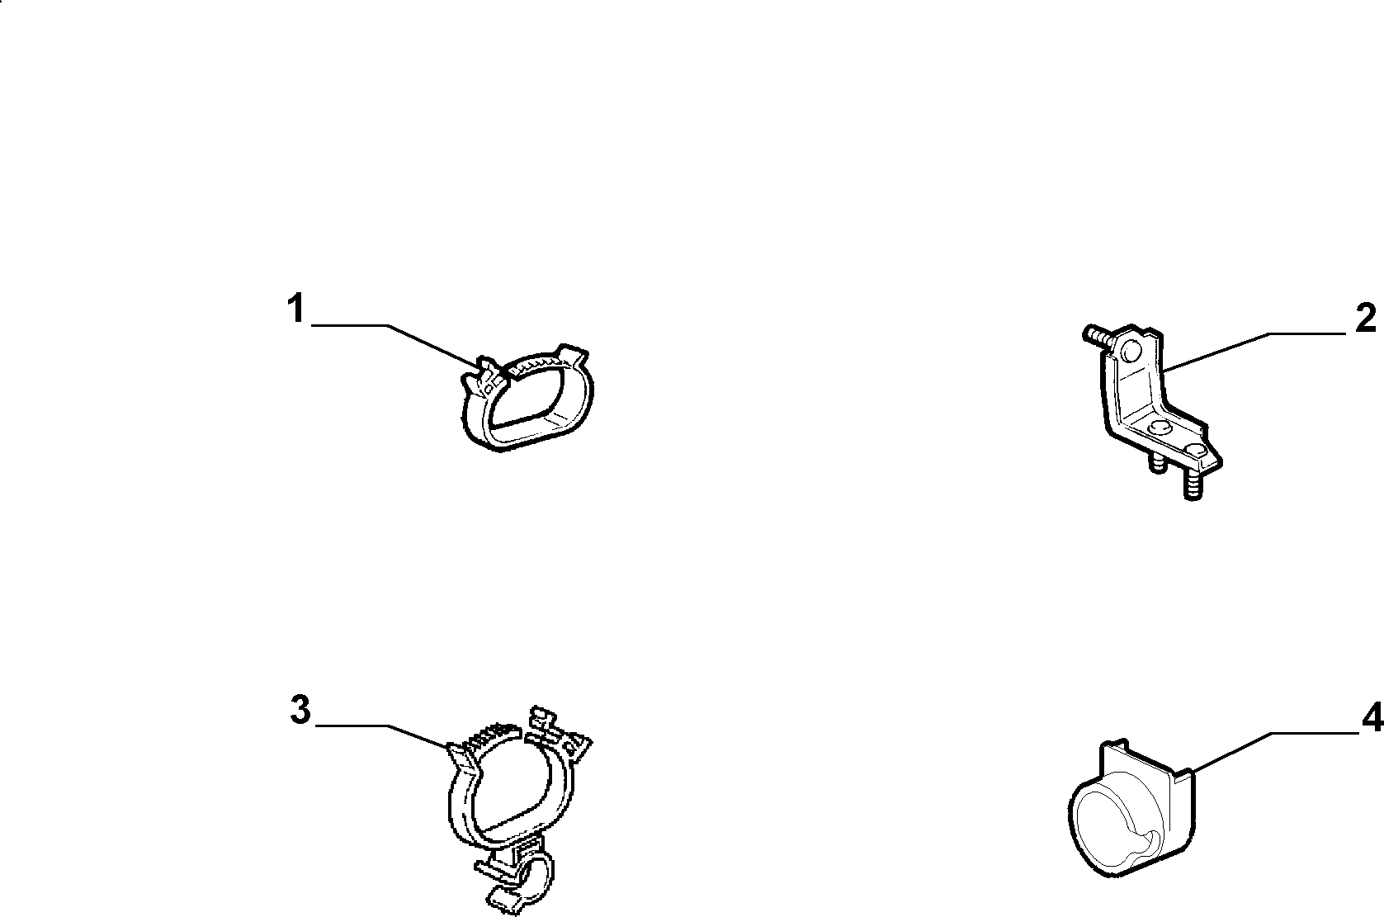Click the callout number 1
pos(296,309)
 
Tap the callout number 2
pos(1366,319)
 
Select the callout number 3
pos(300,710)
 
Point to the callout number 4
pos(1373,719)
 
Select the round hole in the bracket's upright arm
pos(1131,352)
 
